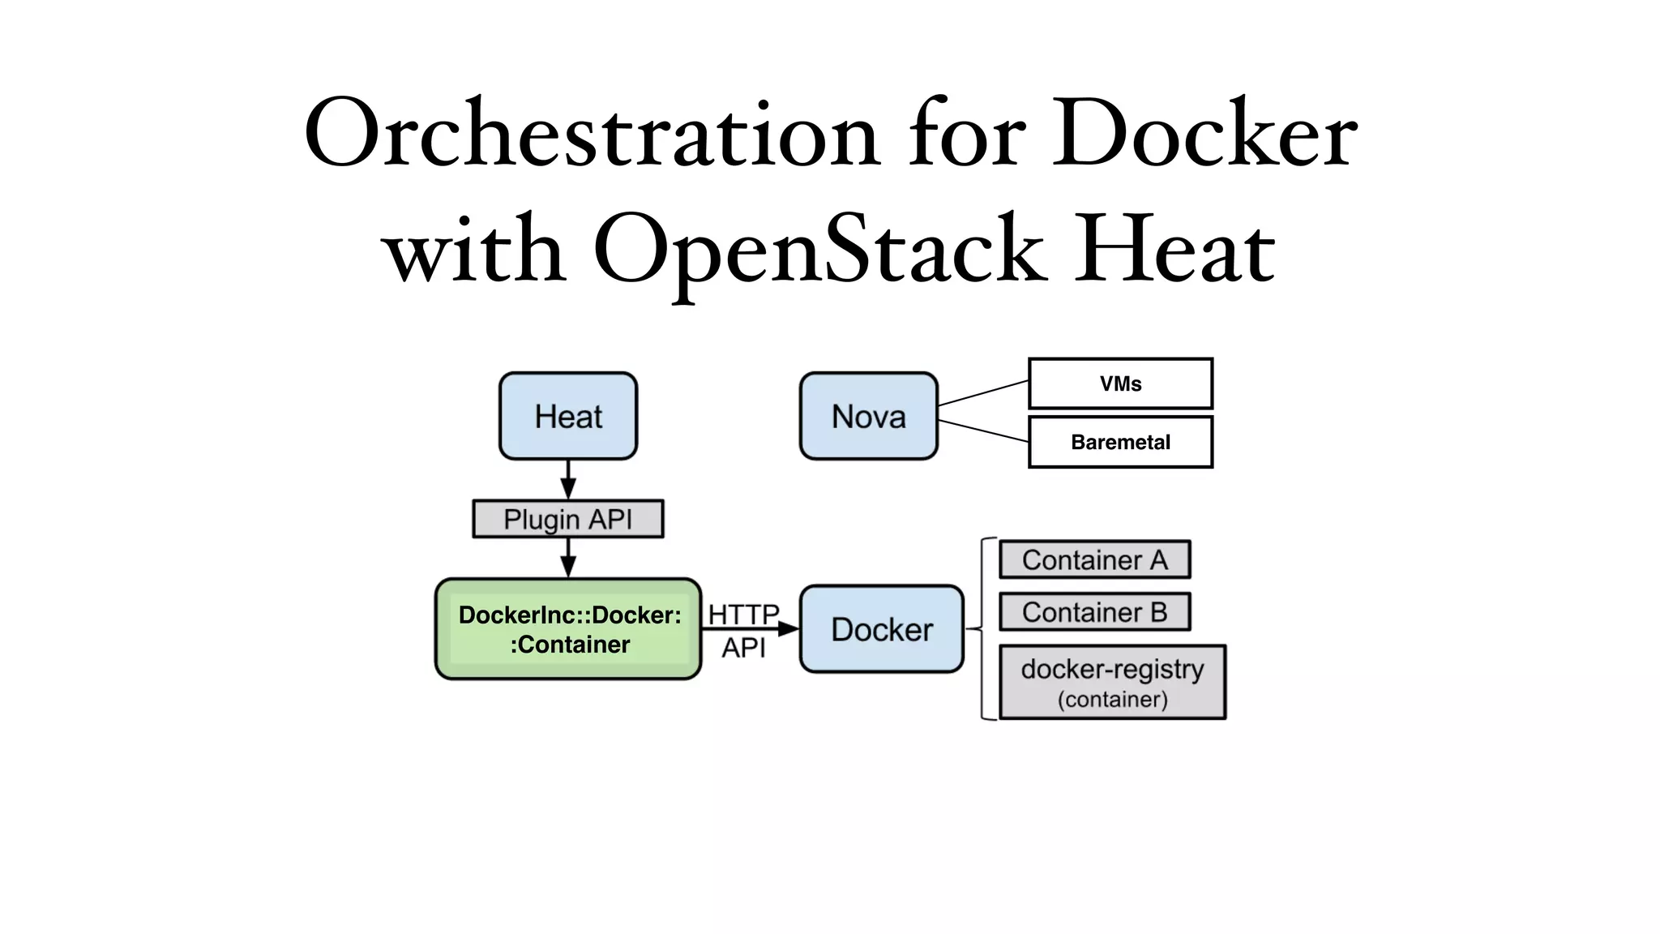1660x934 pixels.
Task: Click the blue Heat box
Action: (x=568, y=416)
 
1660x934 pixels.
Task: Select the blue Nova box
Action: (x=868, y=416)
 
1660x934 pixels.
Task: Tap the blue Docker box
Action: (x=882, y=629)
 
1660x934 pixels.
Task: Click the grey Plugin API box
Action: (x=567, y=519)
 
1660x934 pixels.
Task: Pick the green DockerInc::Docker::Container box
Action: (x=568, y=629)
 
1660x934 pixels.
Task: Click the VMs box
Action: (x=1120, y=383)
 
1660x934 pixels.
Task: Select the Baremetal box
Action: (x=1120, y=442)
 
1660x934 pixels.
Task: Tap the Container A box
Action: (x=1094, y=559)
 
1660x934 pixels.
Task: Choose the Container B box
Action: (x=1094, y=612)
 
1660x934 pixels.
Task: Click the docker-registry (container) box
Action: (x=1112, y=682)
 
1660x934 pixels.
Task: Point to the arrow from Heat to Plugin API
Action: (x=568, y=479)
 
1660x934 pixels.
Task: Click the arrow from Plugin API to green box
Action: (x=568, y=557)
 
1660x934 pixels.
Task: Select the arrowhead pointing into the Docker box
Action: (x=789, y=628)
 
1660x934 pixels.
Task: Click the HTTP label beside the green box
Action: (x=743, y=615)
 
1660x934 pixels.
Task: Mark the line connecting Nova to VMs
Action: (x=982, y=393)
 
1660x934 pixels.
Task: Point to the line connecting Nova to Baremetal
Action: (x=982, y=431)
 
